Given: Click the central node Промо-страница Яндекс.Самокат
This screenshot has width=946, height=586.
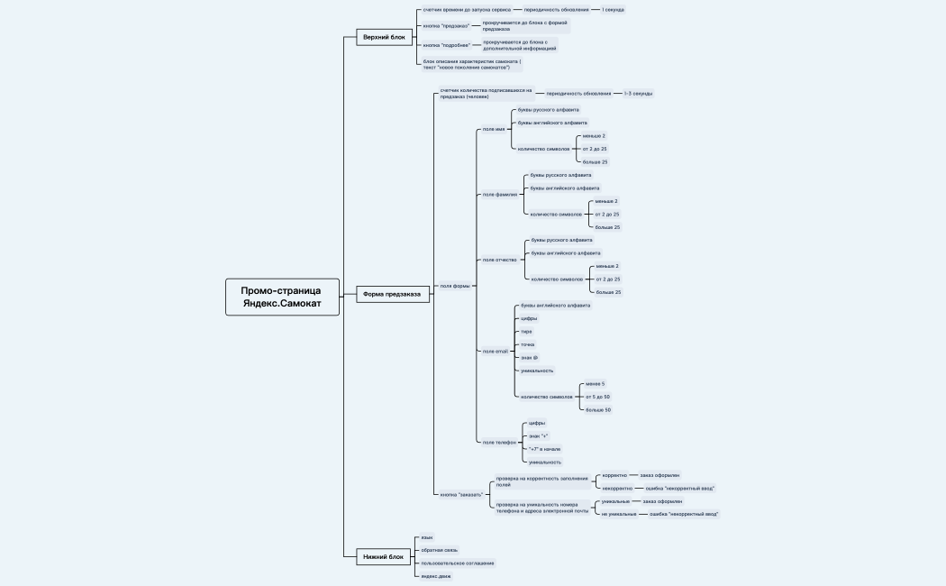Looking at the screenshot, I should [283, 297].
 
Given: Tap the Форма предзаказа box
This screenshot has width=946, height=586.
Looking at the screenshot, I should [392, 294].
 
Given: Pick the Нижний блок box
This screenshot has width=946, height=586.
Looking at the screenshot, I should [384, 557].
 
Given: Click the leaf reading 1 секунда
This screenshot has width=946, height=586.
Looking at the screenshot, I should [613, 9].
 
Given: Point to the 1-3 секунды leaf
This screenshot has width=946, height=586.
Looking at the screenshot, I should [638, 93].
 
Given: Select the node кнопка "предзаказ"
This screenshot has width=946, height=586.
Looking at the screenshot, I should [446, 25].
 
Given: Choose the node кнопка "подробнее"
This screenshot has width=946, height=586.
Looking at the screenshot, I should [447, 44].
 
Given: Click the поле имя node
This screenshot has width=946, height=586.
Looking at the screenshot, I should [494, 129].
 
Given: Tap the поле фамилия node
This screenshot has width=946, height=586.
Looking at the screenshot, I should [500, 194].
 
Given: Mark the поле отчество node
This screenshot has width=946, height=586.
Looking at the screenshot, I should [500, 260].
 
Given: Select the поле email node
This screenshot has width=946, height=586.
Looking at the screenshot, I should [496, 351].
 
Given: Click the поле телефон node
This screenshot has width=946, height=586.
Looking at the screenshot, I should [499, 442].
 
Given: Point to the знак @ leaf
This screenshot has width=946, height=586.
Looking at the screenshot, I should [529, 357].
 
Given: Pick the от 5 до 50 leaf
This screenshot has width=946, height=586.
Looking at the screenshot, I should [597, 397].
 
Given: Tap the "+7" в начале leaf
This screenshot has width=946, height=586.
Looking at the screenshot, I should [544, 449].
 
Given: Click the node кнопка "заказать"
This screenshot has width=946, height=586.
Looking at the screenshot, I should [461, 494].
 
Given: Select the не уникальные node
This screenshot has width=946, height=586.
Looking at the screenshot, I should [619, 514].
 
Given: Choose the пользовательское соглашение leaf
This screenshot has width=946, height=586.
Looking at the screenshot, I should [458, 563].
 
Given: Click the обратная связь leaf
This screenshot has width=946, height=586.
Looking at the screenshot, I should [440, 550].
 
